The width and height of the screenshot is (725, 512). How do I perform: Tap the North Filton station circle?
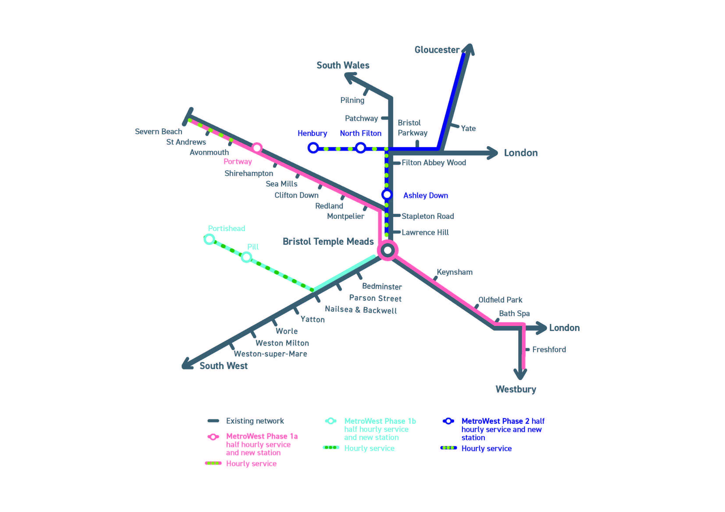pos(360,148)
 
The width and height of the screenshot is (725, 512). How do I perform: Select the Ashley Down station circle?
pos(387,194)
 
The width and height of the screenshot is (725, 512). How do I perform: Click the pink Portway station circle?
pos(257,148)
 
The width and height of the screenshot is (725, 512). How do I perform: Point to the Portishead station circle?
pos(209,239)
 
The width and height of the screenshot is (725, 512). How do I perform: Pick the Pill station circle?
pos(246,257)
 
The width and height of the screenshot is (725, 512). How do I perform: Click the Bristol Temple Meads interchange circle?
pos(388,250)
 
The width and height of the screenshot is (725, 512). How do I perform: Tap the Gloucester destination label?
pos(437,50)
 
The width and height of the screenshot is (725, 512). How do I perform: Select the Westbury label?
pos(516,389)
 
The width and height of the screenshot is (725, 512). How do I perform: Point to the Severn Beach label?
pos(158,132)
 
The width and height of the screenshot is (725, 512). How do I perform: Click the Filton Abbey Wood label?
pos(434,163)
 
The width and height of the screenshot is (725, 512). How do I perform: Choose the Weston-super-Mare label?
pos(270,354)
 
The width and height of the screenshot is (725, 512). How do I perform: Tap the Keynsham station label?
pos(454,272)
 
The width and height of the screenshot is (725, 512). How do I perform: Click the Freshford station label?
pos(549,350)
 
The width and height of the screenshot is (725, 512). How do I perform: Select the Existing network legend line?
pos(213,421)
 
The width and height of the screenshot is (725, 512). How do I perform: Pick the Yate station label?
pos(468,129)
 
